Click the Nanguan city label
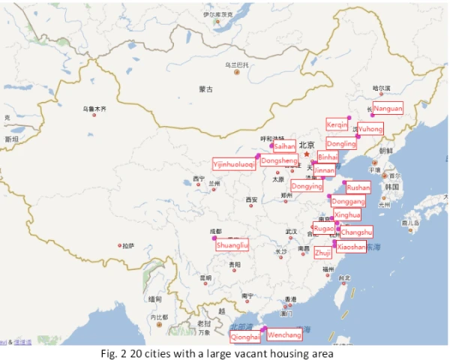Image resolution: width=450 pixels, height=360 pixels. [x=388, y=108]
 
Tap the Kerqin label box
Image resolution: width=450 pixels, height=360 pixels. [x=337, y=124]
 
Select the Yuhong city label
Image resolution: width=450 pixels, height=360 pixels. [x=370, y=129]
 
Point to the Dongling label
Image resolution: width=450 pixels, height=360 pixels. [x=342, y=143]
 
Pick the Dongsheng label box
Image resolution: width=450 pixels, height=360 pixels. [x=279, y=160]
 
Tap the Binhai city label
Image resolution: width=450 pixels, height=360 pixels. [x=328, y=157]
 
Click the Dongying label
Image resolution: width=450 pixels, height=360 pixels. [x=307, y=186]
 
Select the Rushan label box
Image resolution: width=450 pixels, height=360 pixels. [x=358, y=187]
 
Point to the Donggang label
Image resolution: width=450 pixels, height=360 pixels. [x=348, y=201]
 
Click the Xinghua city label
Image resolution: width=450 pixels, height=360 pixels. [x=347, y=215]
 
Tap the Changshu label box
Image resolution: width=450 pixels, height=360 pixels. [x=356, y=232]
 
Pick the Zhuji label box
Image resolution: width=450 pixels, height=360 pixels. [x=323, y=253]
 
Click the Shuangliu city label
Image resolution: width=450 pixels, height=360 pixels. [x=232, y=244]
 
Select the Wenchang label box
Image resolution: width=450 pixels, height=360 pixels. [x=285, y=334]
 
